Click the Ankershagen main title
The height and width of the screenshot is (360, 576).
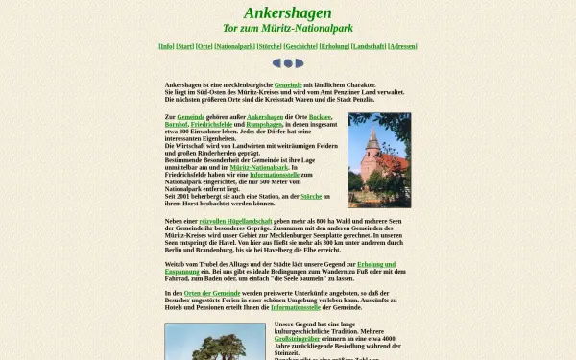point(287,13)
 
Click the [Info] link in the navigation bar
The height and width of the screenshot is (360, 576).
point(166,45)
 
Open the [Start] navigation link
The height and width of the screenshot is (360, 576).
point(185,45)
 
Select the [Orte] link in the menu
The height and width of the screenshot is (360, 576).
point(204,45)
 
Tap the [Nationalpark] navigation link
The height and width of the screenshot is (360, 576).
point(234,45)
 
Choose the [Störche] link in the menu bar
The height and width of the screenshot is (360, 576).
point(270,45)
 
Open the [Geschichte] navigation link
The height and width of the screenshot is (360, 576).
point(300,45)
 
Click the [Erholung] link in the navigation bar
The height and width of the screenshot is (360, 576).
point(334,45)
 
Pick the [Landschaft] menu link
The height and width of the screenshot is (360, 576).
point(369,45)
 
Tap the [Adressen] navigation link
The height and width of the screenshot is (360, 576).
point(402,45)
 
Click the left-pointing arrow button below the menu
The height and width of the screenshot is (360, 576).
point(276,63)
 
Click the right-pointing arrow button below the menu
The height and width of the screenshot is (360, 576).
point(299,63)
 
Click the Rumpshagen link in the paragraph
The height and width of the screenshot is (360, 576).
point(264,124)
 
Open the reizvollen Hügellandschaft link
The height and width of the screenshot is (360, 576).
point(215,221)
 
